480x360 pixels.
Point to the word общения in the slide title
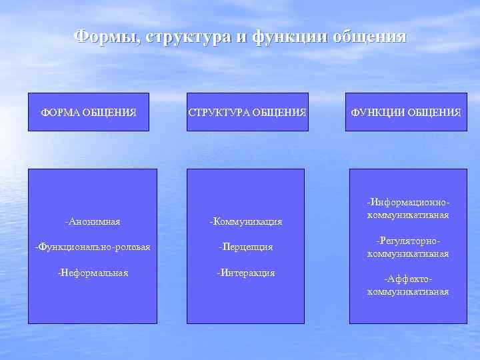(369, 35)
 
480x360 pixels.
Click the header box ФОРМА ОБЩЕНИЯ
(89, 112)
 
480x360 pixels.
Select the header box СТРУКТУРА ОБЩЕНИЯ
(247, 112)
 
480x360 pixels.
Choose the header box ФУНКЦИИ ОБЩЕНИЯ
(406, 112)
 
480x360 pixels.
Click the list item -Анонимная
(93, 221)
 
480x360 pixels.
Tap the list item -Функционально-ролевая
(93, 247)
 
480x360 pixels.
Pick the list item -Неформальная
(93, 273)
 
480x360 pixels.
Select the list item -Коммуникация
(245, 221)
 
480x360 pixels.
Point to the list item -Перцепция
(245, 247)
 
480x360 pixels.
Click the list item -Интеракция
(245, 273)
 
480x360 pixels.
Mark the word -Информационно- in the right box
(407, 201)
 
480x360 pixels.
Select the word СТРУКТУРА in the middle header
(217, 112)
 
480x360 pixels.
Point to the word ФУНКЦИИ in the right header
(377, 112)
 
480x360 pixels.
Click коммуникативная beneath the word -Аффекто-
(407, 292)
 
